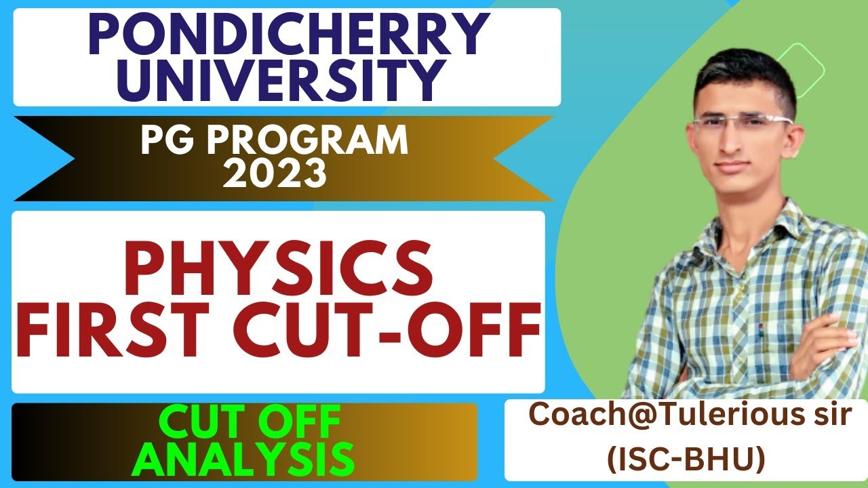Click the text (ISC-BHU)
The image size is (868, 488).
(x=685, y=460)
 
